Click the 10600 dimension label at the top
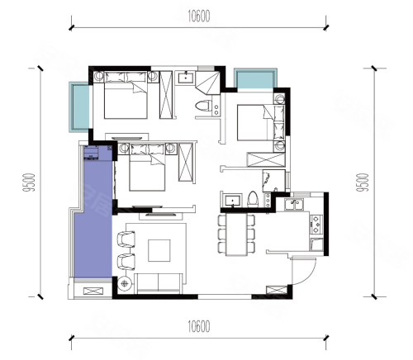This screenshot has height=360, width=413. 199,16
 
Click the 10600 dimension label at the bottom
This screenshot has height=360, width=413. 199,327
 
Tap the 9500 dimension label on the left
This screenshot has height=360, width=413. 30,182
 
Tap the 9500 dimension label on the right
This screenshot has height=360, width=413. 362,182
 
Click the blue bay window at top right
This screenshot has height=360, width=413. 255,79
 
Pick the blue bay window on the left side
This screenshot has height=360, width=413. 80,107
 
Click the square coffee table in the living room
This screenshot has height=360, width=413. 159,250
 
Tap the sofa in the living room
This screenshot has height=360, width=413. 159,283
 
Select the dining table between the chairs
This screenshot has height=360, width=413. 236,234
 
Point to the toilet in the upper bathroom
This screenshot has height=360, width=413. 203,106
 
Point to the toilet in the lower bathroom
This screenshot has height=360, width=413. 253,199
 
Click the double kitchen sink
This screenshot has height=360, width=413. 294,204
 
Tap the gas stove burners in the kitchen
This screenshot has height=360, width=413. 316,225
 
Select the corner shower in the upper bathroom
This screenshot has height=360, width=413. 208,82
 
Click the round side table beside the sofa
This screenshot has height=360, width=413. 125,283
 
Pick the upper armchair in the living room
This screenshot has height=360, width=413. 126,239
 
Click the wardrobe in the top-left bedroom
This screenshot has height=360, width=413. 166,95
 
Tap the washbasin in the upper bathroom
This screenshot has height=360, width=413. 186,77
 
